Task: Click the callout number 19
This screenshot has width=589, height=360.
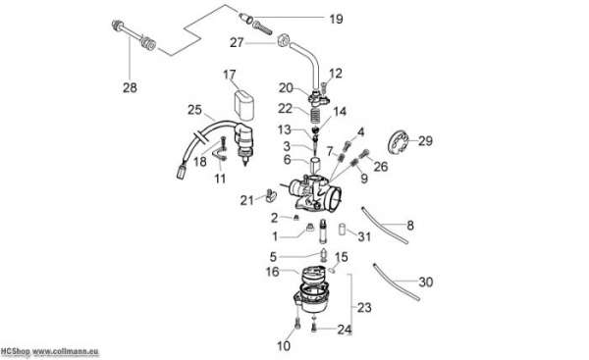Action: tap(336, 19)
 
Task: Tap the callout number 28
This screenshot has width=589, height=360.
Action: tap(130, 87)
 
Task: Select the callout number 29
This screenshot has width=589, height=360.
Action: tap(425, 141)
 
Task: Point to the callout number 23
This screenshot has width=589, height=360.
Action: tap(364, 307)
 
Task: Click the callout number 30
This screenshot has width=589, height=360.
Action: tap(426, 282)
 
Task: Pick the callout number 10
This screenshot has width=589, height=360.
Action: tap(284, 345)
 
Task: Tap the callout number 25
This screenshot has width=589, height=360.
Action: tap(194, 110)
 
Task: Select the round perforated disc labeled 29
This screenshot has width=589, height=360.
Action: tap(398, 141)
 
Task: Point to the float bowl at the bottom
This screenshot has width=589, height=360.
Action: tap(311, 297)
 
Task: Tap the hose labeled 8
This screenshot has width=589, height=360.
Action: tap(384, 225)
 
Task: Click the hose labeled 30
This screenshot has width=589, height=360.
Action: tap(396, 282)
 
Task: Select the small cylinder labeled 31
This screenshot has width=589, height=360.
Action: tap(343, 230)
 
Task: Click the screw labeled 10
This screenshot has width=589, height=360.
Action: tap(297, 323)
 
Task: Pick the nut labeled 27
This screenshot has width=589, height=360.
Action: tap(284, 40)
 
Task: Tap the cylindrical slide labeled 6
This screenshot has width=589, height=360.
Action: tap(314, 164)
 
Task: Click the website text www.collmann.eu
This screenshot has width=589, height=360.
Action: tap(66, 352)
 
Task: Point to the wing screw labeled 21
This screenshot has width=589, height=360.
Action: tap(271, 195)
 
